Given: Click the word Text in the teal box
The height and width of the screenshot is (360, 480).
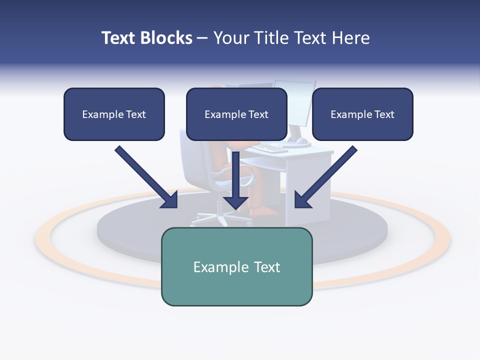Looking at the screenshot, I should click(x=267, y=267).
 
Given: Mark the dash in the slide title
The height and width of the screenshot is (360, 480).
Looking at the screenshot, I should click(x=202, y=38).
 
